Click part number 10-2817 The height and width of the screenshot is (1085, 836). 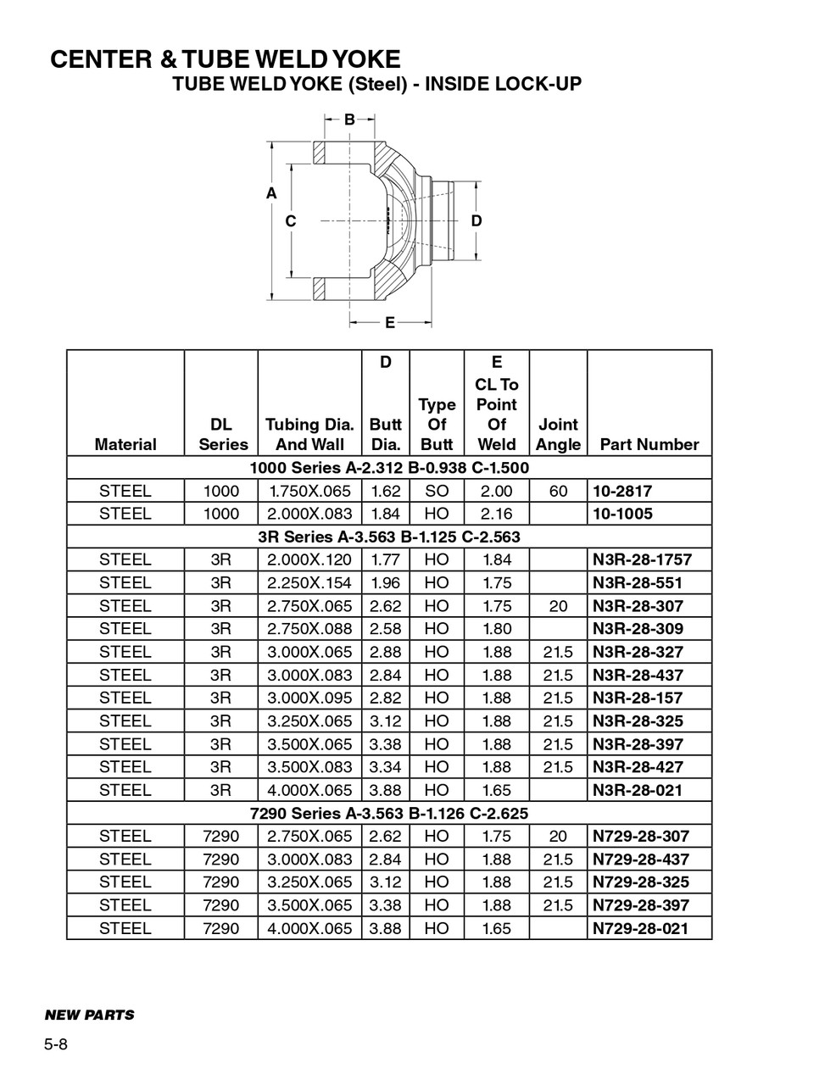(622, 491)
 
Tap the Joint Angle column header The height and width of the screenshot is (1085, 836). (558, 434)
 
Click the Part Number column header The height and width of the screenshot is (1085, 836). (649, 444)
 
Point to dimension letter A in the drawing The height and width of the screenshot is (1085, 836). (271, 193)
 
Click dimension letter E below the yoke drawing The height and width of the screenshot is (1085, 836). (390, 322)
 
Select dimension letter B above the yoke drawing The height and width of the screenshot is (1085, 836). (349, 120)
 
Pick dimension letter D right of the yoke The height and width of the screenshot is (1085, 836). (477, 220)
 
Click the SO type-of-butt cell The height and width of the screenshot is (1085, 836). (437, 491)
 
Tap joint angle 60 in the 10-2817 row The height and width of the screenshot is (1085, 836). (558, 491)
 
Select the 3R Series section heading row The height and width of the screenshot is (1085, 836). (389, 537)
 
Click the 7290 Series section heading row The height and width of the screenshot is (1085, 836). (389, 813)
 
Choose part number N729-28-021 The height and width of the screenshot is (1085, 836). (640, 928)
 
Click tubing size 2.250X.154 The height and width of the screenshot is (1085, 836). (309, 582)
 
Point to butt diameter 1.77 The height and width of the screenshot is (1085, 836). (385, 559)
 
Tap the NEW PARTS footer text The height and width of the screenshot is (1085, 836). (89, 1015)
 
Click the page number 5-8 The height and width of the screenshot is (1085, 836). (56, 1044)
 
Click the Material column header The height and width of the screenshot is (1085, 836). (125, 444)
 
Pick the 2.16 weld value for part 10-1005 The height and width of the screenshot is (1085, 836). (496, 514)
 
